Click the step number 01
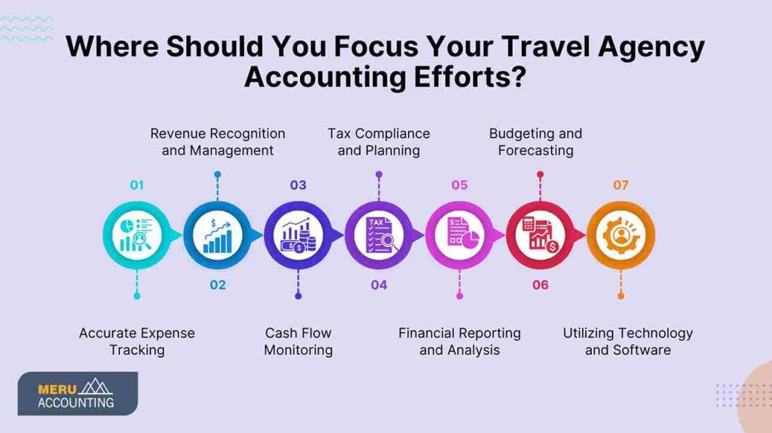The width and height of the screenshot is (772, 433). point(136,185)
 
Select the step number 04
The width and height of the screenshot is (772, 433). point(378,285)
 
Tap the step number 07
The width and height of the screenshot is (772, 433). point(620,185)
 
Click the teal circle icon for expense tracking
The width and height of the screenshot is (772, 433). point(136,235)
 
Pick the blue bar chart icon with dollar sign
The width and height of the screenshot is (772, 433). point(217,235)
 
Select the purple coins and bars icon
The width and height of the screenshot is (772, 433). point(298,235)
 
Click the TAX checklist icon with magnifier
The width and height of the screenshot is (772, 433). point(378,235)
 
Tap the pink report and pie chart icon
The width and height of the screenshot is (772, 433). point(459,235)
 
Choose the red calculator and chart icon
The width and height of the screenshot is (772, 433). point(540,235)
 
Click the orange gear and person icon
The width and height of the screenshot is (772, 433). point(620,235)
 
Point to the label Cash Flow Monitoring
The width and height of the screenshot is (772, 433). point(298,341)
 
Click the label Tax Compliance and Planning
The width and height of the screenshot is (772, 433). point(378,142)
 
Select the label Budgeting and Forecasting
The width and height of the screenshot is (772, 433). point(535,142)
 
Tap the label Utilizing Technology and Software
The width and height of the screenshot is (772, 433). point(627,341)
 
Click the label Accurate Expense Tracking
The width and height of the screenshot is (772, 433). point(136,341)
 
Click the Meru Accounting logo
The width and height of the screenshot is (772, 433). point(77,393)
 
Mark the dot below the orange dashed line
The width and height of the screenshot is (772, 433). point(620,296)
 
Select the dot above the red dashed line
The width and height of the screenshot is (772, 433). point(540,174)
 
